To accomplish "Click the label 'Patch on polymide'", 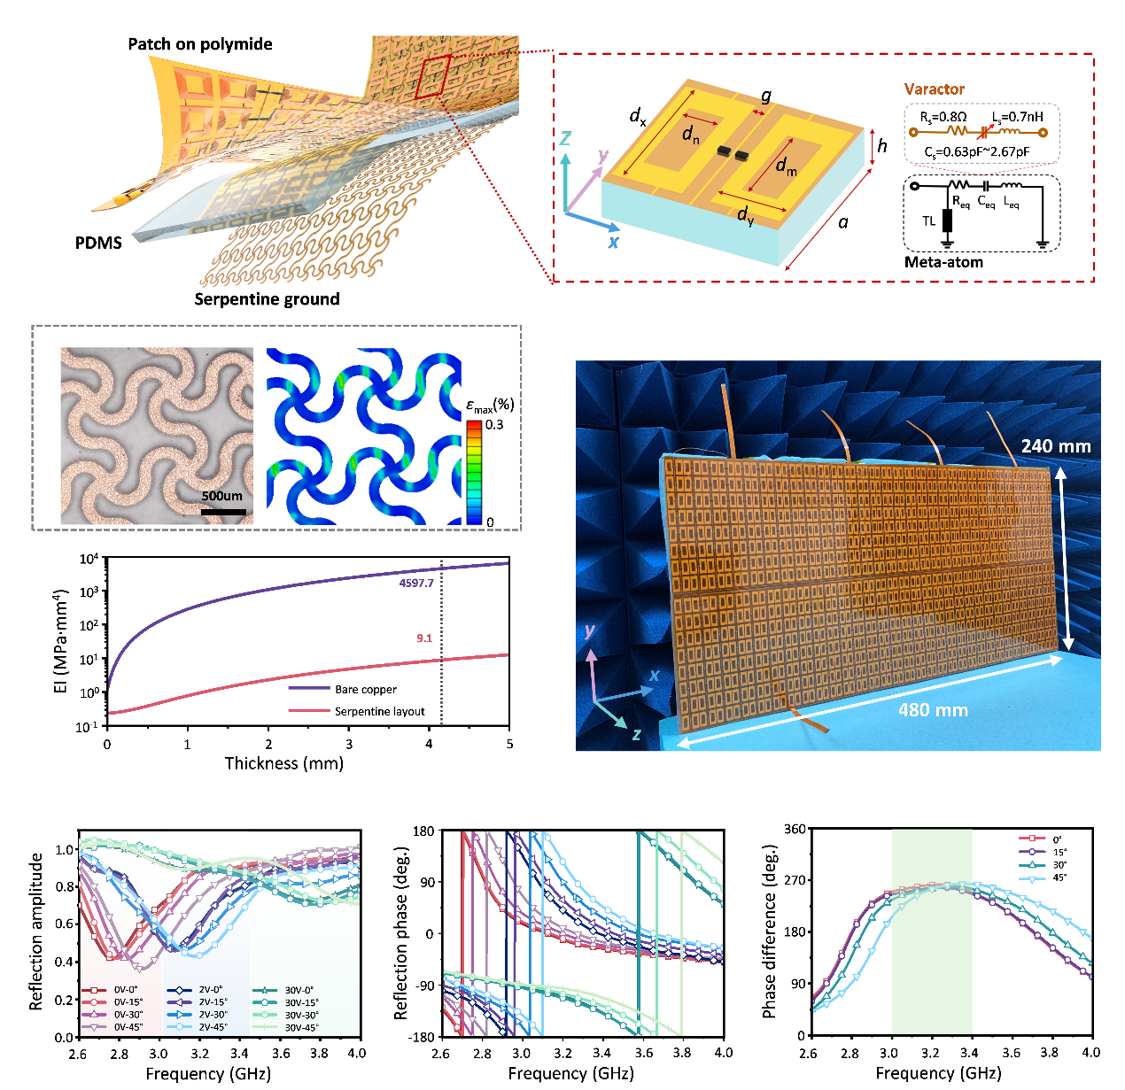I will click(x=200, y=44).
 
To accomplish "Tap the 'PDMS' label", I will click(x=98, y=243).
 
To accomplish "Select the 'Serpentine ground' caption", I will click(x=267, y=299).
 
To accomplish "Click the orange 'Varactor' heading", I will click(x=934, y=89).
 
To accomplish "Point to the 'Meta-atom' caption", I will click(x=943, y=262).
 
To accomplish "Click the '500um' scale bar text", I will click(x=221, y=496).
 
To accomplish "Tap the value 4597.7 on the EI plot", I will click(x=416, y=584).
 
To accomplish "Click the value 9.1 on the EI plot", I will click(x=424, y=638).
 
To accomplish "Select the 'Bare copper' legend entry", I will click(x=365, y=690).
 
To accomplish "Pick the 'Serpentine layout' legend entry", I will click(x=379, y=712).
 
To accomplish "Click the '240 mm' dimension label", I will click(x=1055, y=446).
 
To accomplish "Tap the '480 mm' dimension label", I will click(x=933, y=710).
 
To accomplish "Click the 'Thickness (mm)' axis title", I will click(x=283, y=763).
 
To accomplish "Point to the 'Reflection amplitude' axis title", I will click(x=36, y=932).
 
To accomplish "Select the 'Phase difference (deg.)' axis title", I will click(x=769, y=932).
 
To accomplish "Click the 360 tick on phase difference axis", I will click(x=795, y=830).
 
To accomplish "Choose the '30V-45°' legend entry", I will click(x=301, y=1028).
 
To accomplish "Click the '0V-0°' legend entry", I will click(x=126, y=991).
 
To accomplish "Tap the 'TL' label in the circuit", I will click(x=928, y=221).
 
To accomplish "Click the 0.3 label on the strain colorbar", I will click(x=494, y=425).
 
